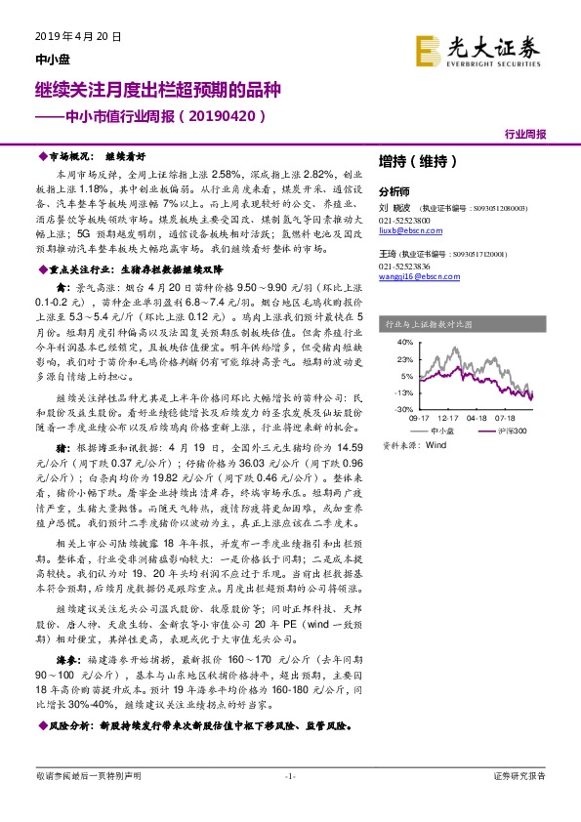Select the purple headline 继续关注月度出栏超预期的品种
[157, 91]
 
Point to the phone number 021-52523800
[403, 220]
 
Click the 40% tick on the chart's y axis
[401, 343]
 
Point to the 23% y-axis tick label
[401, 359]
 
